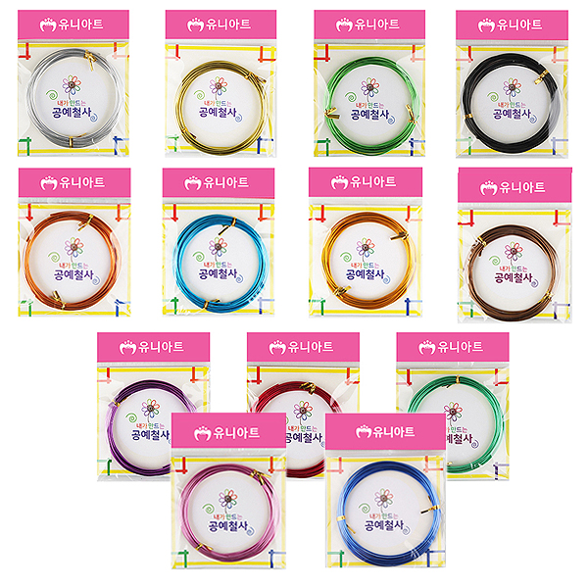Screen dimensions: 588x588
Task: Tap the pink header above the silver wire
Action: [73, 24]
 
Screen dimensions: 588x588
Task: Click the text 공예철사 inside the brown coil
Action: [514, 277]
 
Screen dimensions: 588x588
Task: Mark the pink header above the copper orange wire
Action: [73, 182]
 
